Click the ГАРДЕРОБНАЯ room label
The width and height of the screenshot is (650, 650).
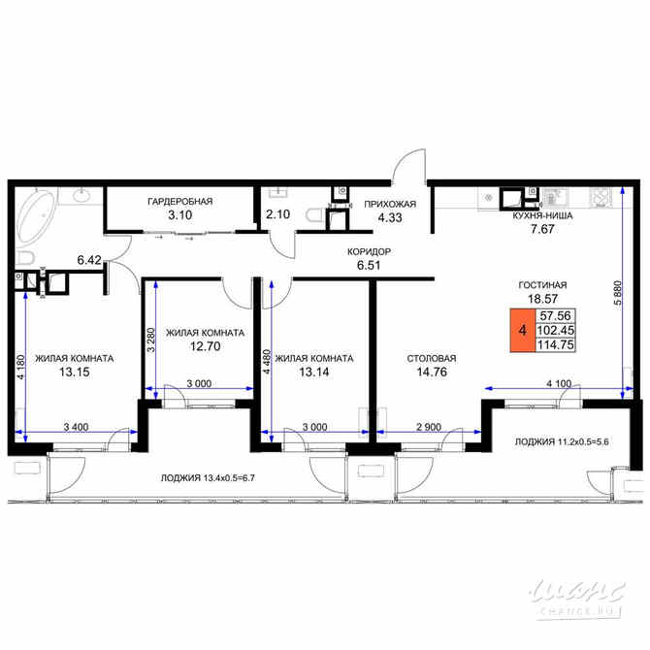[x=179, y=201]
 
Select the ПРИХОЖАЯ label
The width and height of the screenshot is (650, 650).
[x=390, y=204]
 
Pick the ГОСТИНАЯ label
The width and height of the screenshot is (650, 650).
[x=541, y=285]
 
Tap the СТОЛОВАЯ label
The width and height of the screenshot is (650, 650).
[x=431, y=358]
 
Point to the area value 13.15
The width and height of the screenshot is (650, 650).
[x=74, y=372]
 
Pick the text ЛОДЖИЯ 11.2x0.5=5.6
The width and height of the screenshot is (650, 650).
[x=567, y=442]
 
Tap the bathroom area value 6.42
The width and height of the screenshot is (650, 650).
[x=91, y=260]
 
